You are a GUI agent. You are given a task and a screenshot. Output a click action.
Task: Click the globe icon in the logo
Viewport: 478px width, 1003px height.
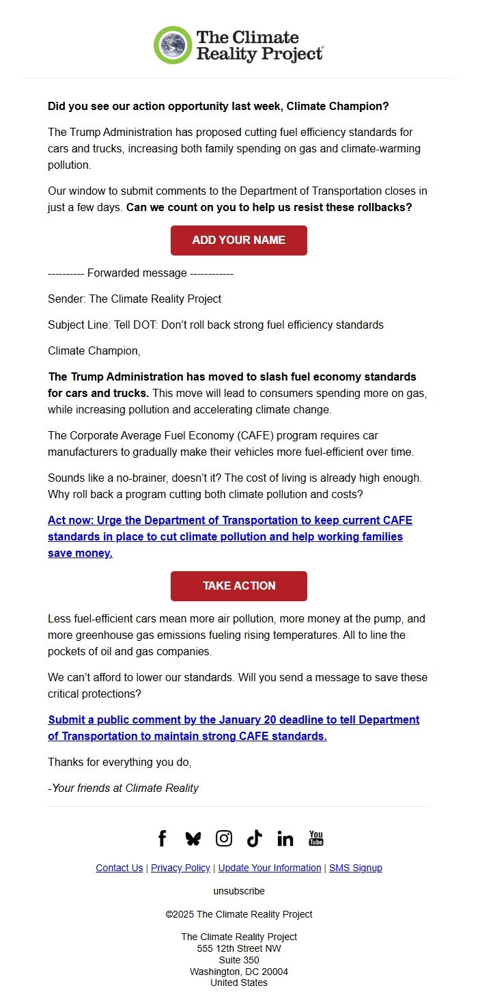click(x=173, y=45)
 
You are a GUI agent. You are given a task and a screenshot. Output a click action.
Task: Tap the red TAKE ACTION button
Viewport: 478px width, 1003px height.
click(x=239, y=586)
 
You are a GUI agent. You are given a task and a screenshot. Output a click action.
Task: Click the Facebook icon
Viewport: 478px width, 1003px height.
click(x=163, y=838)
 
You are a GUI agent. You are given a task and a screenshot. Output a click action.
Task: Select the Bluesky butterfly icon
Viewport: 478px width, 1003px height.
click(x=193, y=838)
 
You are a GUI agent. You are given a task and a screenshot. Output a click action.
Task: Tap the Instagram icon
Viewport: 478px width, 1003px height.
click(x=224, y=838)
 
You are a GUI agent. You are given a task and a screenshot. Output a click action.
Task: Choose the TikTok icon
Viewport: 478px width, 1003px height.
click(x=255, y=838)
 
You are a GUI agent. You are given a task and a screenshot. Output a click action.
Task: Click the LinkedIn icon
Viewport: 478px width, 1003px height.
click(x=285, y=838)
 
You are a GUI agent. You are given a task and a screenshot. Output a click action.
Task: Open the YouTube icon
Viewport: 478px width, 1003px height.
click(x=316, y=838)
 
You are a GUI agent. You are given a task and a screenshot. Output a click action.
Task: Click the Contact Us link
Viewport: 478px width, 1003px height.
click(x=119, y=868)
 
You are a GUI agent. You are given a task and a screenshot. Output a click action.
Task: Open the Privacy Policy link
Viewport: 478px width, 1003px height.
click(x=180, y=868)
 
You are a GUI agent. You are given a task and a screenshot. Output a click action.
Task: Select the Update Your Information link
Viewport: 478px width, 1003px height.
click(x=270, y=868)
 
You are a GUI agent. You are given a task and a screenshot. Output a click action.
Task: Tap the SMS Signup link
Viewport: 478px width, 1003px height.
click(x=356, y=868)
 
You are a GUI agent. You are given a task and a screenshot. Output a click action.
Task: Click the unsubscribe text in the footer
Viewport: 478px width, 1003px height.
click(x=239, y=891)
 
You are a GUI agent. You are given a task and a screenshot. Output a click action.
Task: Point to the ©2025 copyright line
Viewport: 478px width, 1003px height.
click(x=239, y=914)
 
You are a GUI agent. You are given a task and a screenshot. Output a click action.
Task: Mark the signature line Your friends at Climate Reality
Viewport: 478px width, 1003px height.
click(x=124, y=788)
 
